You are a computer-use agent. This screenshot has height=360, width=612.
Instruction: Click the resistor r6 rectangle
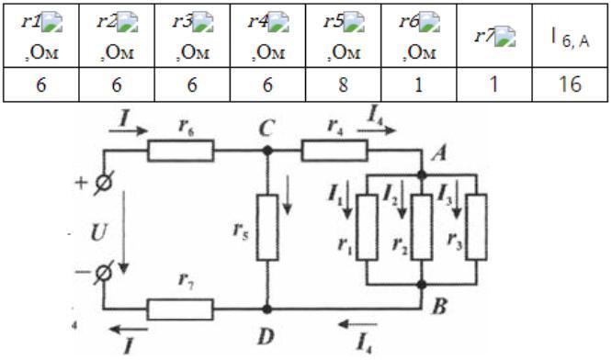coord(181,151)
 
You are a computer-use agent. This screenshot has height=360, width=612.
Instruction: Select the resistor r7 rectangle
coord(180,309)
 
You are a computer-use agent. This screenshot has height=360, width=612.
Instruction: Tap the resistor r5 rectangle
coord(267,228)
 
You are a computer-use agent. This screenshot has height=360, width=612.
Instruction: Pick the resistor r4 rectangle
coord(334,151)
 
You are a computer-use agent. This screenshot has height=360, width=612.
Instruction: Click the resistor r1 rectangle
coord(368,227)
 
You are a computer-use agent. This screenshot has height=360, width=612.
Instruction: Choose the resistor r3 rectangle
coord(477,227)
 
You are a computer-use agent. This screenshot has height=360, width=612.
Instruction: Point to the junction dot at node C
coord(267,151)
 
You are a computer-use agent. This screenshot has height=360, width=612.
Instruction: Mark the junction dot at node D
coord(267,309)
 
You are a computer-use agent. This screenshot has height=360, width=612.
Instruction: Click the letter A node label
coord(439,154)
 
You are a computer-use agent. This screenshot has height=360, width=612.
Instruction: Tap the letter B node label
coord(440,307)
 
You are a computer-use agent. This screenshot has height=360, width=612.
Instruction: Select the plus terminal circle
coord(105,183)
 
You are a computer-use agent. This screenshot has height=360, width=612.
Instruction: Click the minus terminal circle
coord(104,273)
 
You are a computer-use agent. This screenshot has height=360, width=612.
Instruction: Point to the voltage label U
coord(98,233)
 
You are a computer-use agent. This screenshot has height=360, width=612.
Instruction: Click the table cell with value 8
coord(343,84)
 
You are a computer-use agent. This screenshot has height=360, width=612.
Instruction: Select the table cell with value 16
coord(571,84)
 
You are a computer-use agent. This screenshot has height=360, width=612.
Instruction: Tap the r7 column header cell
coord(494,36)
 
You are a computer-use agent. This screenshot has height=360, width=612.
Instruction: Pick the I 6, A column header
coord(571,37)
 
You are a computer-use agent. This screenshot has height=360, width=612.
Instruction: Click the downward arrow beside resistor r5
coord(288,195)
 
